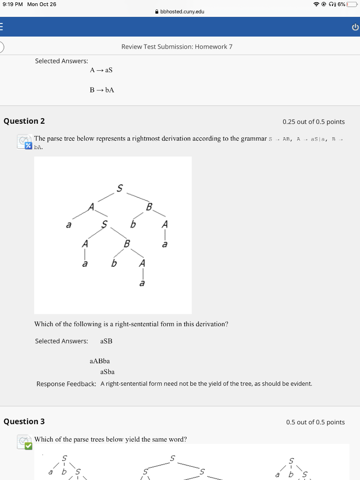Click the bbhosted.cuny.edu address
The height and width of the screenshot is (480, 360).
tap(182, 11)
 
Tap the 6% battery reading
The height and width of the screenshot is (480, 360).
tap(340, 4)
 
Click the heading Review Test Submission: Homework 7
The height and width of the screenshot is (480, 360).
tap(177, 46)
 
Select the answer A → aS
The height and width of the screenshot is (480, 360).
tap(101, 70)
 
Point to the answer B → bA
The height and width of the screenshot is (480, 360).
tap(102, 90)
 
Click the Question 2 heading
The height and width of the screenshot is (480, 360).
tap(24, 121)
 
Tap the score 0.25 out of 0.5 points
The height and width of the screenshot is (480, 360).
tap(313, 122)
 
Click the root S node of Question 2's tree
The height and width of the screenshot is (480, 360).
tap(120, 188)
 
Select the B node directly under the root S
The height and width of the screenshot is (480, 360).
tap(149, 207)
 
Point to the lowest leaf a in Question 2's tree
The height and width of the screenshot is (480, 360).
tap(142, 283)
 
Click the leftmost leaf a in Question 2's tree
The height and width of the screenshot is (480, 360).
tap(68, 225)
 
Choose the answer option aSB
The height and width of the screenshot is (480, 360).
tap(106, 341)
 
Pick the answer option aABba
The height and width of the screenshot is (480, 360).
tap(99, 361)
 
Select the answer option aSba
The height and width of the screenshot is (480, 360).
tap(107, 372)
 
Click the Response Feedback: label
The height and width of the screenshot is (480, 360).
tap(67, 384)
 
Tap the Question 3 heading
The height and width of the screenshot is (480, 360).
tap(24, 421)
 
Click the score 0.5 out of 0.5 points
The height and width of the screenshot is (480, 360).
tap(315, 422)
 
